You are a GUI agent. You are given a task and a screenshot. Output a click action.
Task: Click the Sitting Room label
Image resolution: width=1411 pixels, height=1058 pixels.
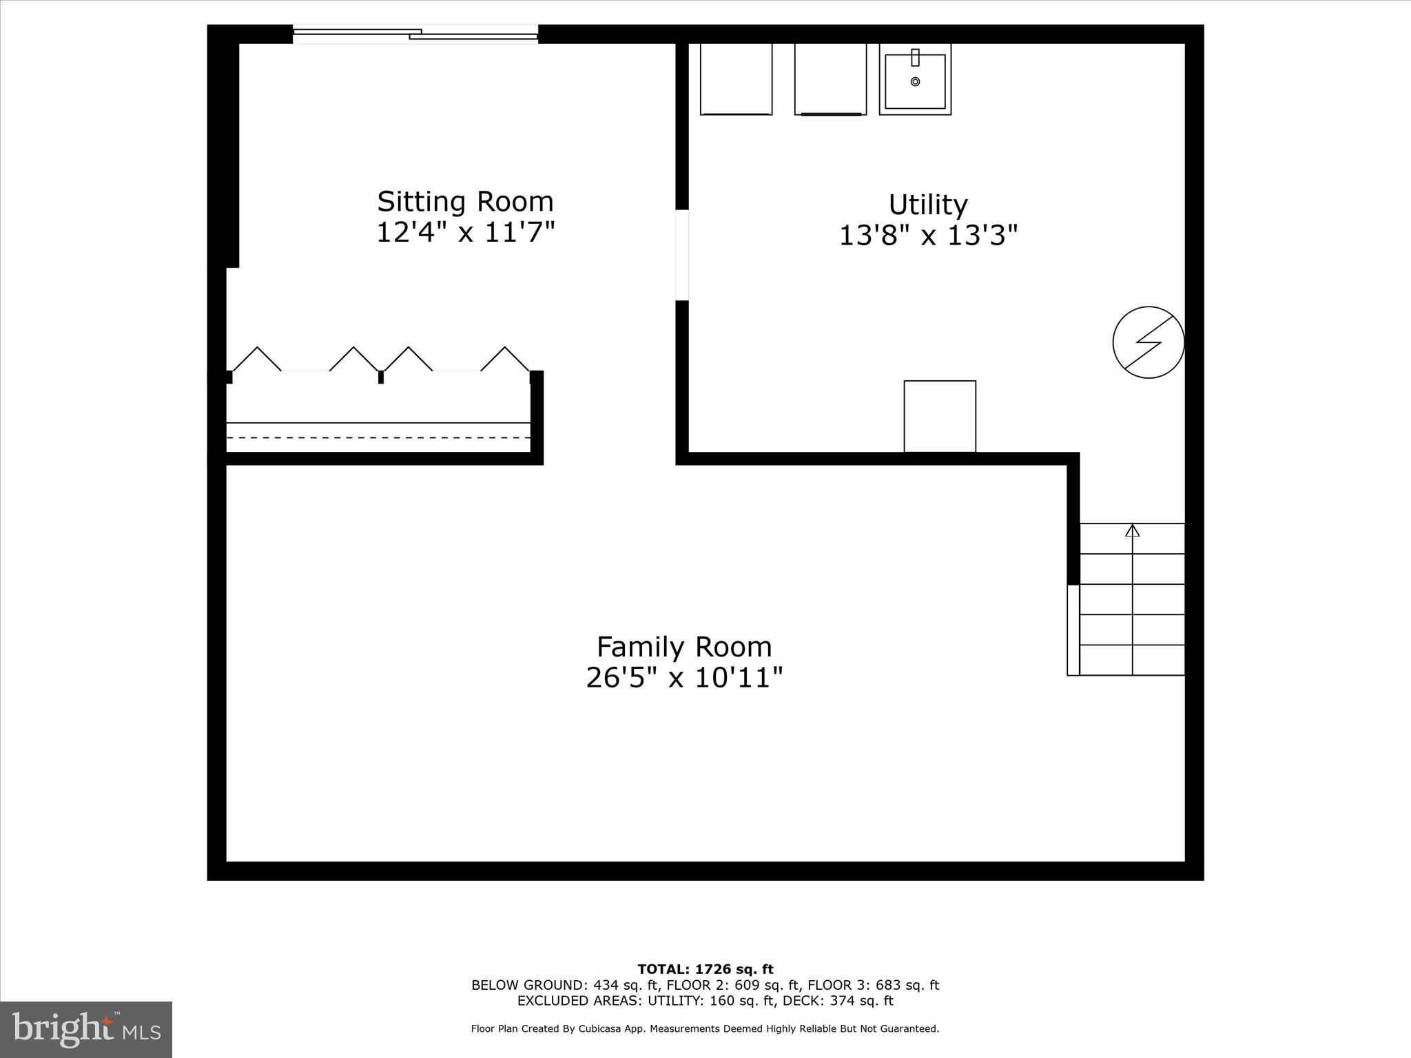465,202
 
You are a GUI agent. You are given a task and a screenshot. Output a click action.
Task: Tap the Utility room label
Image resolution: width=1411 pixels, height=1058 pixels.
927,205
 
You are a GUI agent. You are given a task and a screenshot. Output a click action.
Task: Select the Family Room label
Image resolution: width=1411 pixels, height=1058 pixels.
684,647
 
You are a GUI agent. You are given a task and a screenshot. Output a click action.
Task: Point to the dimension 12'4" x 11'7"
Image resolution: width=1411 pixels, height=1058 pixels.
465,232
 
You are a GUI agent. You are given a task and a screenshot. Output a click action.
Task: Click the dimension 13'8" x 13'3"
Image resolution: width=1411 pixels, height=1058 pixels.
927,236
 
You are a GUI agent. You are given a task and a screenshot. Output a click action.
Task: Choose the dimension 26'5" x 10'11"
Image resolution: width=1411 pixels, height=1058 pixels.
684,678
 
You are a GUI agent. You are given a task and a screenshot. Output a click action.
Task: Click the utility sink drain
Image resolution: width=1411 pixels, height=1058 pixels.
915,82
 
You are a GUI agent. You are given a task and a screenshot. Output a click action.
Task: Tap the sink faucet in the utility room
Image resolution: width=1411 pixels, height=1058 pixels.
915,56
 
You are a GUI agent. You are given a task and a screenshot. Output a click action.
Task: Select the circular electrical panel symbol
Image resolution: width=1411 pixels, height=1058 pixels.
1149,342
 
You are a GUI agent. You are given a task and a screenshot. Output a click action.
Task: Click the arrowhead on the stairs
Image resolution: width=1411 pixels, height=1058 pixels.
1133,531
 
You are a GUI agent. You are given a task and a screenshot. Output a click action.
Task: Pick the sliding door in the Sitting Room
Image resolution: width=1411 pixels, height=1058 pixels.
415,34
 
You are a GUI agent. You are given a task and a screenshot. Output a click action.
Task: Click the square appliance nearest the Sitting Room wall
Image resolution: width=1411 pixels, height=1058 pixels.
736,79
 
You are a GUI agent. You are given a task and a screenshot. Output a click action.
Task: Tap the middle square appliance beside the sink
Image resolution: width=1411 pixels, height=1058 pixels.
830,79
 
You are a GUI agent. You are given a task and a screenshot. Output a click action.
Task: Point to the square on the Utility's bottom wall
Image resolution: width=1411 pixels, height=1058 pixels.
940,416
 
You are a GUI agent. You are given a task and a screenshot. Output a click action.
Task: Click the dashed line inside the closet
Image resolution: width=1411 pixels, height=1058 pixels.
378,437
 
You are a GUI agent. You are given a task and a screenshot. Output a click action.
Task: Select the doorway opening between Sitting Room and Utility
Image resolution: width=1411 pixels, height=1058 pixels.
682,255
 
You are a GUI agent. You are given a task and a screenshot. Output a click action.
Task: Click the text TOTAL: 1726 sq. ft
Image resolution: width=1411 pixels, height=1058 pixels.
705,970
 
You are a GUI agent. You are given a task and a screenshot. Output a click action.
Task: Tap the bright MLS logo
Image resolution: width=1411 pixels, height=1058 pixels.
86,1029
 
